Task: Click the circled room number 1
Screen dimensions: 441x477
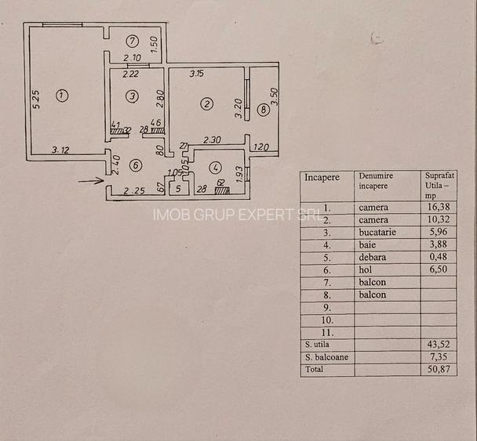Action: [x=62, y=96]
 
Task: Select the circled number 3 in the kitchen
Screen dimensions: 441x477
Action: [x=133, y=96]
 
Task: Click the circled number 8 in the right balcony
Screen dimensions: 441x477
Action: [x=263, y=110]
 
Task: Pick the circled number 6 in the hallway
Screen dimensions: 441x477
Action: [x=135, y=165]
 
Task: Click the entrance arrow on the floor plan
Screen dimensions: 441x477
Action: [x=93, y=180]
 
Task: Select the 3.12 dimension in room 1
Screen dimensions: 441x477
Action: [x=61, y=150]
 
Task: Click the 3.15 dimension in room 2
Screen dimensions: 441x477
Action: [x=196, y=74]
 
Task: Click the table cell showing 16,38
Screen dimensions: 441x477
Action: [x=437, y=208]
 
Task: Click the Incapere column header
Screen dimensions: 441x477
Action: [x=322, y=178]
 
